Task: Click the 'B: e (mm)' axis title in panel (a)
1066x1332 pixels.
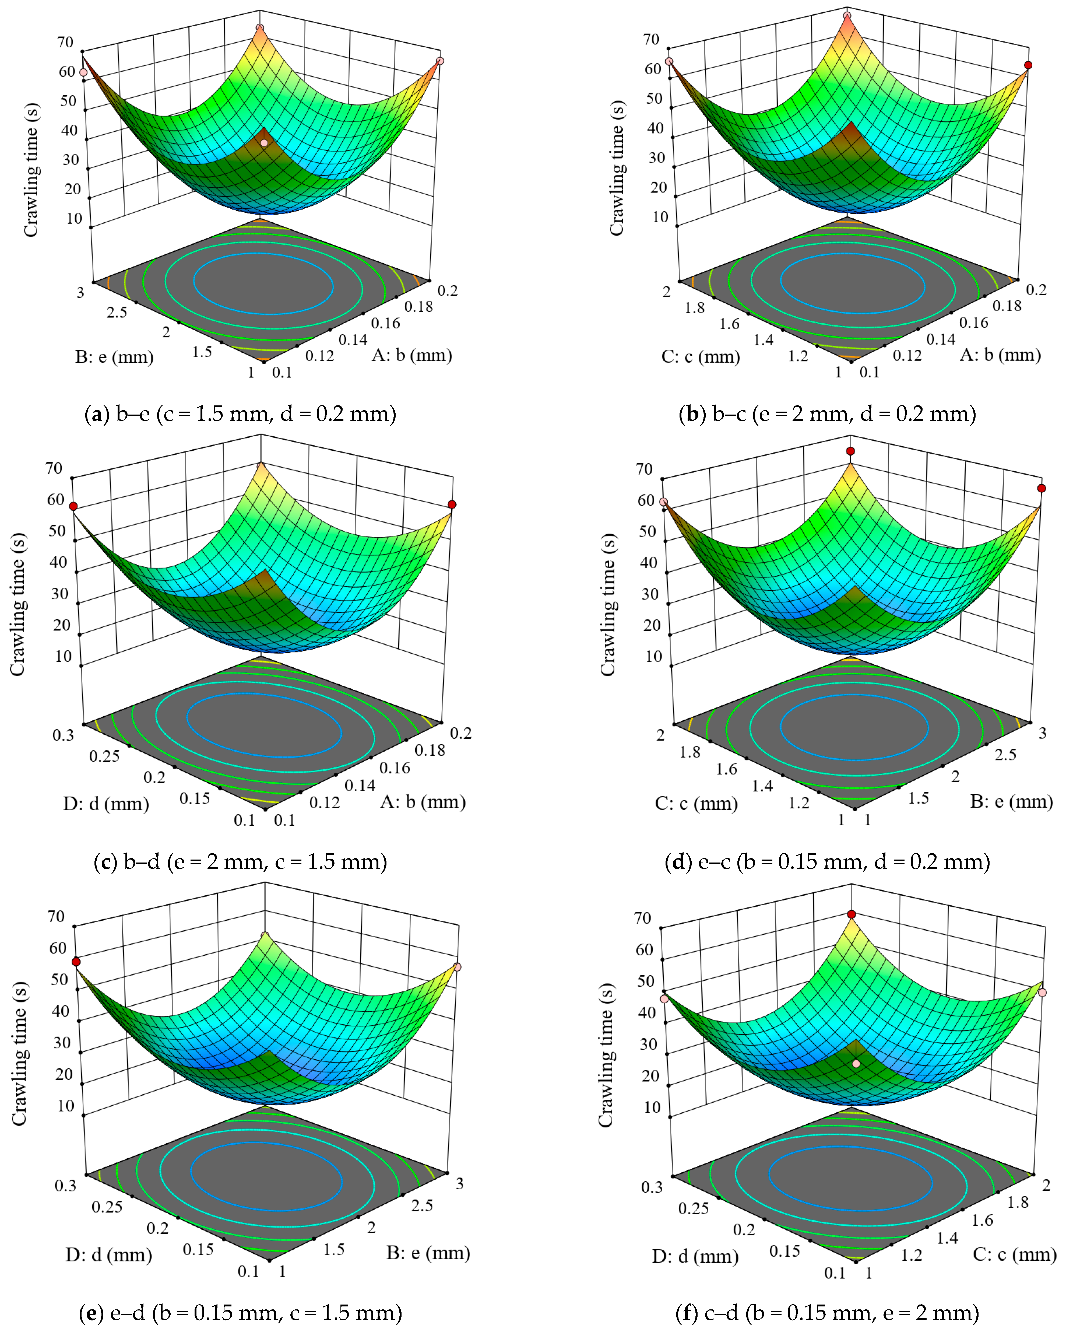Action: click(x=114, y=357)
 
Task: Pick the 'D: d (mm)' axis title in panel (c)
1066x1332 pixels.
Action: click(x=106, y=804)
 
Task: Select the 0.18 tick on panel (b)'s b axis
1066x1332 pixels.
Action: click(x=1007, y=306)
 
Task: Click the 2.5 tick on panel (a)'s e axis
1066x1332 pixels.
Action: click(x=117, y=313)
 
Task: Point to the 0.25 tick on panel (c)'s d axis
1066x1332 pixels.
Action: click(x=104, y=756)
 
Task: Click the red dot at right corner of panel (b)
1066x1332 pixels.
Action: click(x=1028, y=65)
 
